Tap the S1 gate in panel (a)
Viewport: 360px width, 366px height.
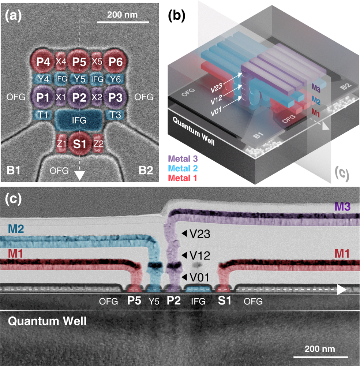(79, 144)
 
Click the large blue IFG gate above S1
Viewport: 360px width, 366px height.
(79, 120)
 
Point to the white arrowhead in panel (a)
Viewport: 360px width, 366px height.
(79, 176)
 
